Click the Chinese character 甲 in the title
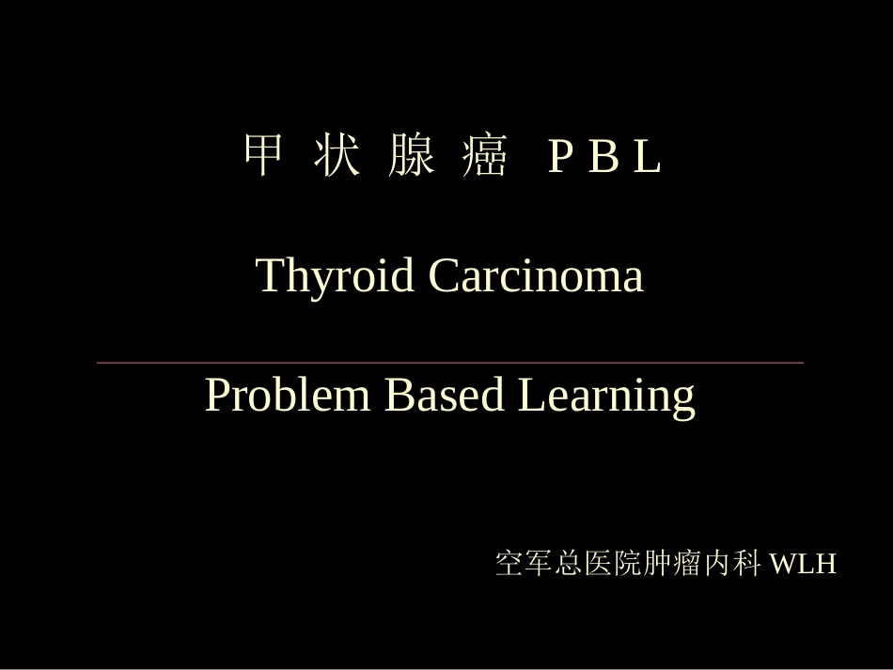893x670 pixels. [262, 157]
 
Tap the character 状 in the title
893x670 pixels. [336, 157]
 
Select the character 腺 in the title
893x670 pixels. [411, 157]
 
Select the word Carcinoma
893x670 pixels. [536, 276]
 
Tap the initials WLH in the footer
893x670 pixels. [803, 565]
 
